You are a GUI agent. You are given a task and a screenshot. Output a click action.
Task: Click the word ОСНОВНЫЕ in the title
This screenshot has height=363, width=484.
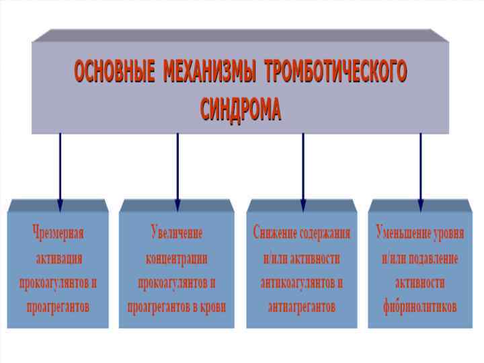[113, 71]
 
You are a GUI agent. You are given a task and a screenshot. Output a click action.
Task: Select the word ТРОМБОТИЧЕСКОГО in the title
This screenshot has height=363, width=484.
[335, 71]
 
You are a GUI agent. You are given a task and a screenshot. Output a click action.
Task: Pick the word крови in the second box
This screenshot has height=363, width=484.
[208, 307]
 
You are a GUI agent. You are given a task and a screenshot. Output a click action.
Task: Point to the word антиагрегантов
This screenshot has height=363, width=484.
[301, 307]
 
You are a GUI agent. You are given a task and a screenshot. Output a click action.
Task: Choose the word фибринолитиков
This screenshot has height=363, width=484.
[419, 307]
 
